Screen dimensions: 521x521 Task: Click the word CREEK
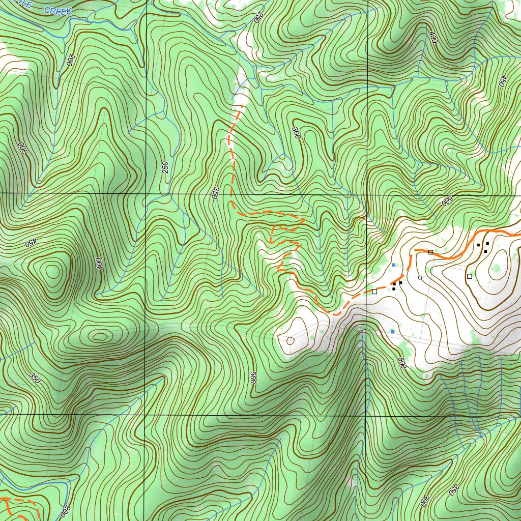[x=57, y=10]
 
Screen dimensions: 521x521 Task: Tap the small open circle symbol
[x=420, y=277]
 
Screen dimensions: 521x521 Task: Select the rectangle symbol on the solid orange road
[x=430, y=252]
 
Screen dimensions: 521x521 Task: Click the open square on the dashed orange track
[x=374, y=292]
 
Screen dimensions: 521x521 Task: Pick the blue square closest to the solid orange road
[x=393, y=265]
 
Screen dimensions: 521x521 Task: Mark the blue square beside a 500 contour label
[x=392, y=331]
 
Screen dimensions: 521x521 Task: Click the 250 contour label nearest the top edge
[x=258, y=16]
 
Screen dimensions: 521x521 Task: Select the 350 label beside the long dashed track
[x=215, y=192]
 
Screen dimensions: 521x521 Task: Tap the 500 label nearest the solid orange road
[x=447, y=201]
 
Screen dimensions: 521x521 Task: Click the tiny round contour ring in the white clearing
[x=291, y=340]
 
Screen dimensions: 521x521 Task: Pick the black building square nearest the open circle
[x=401, y=282]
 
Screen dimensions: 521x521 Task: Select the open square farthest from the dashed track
[x=469, y=276]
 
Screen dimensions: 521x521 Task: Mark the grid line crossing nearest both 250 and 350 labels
[x=146, y=194]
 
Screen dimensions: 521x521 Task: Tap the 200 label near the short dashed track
[x=65, y=510]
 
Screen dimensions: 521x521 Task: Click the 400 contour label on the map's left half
[x=99, y=264]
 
